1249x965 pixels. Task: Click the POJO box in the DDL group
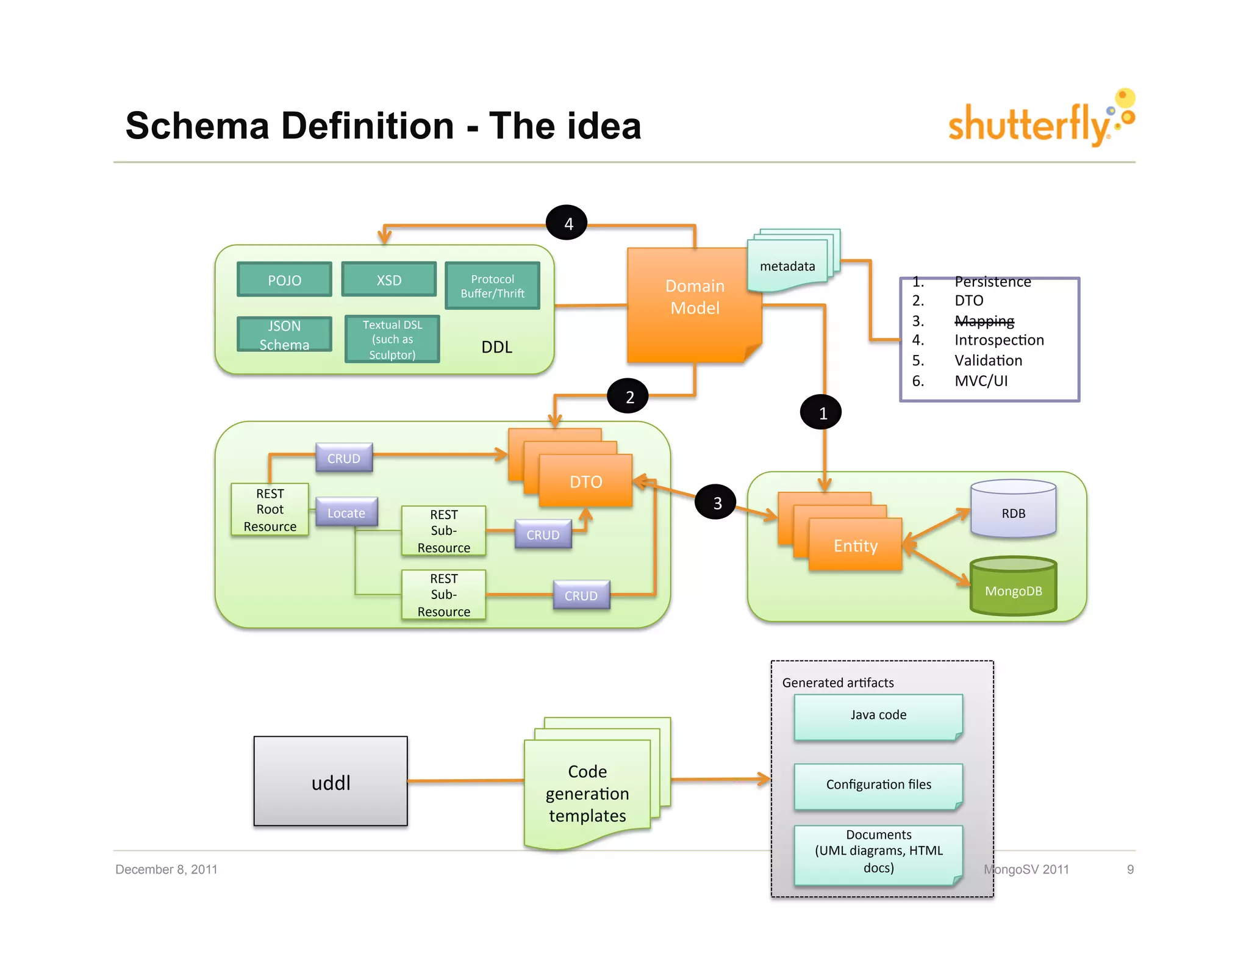(x=284, y=280)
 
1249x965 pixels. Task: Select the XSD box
(x=389, y=280)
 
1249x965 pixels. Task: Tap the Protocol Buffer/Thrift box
(x=492, y=286)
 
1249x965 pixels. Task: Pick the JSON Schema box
(x=284, y=335)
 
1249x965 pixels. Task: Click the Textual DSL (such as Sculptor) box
(x=392, y=340)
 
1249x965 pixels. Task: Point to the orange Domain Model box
(x=695, y=305)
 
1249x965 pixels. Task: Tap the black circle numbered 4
(x=567, y=223)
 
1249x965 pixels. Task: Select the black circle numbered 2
(x=629, y=396)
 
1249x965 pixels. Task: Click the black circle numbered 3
(x=717, y=502)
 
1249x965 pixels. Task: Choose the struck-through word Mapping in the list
(x=984, y=321)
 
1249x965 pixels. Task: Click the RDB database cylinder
(x=1013, y=509)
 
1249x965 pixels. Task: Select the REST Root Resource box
(x=270, y=510)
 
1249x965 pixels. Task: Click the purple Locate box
(x=346, y=512)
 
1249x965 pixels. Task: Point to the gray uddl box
(x=331, y=781)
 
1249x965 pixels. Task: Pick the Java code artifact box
(x=878, y=716)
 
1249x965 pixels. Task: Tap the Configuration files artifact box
(x=878, y=786)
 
